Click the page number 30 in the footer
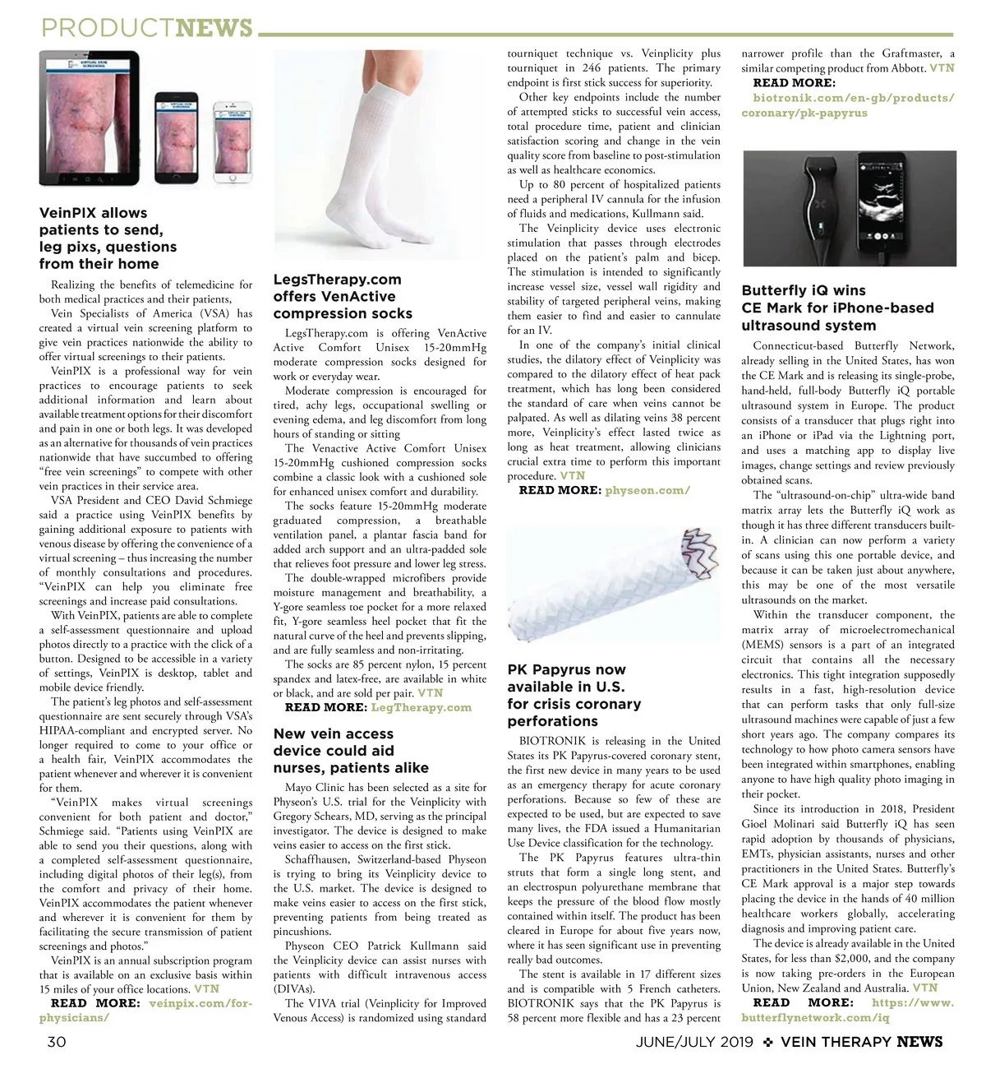(56, 1042)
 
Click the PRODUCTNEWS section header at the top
(147, 29)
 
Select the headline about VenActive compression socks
(343, 297)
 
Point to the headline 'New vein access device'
(351, 751)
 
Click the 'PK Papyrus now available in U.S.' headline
(574, 696)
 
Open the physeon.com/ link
(647, 490)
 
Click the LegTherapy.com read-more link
(421, 707)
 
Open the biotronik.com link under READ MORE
(846, 105)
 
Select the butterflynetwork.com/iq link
(846, 1011)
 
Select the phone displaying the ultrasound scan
(905, 206)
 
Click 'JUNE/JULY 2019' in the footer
(694, 1042)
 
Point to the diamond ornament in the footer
(767, 1042)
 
